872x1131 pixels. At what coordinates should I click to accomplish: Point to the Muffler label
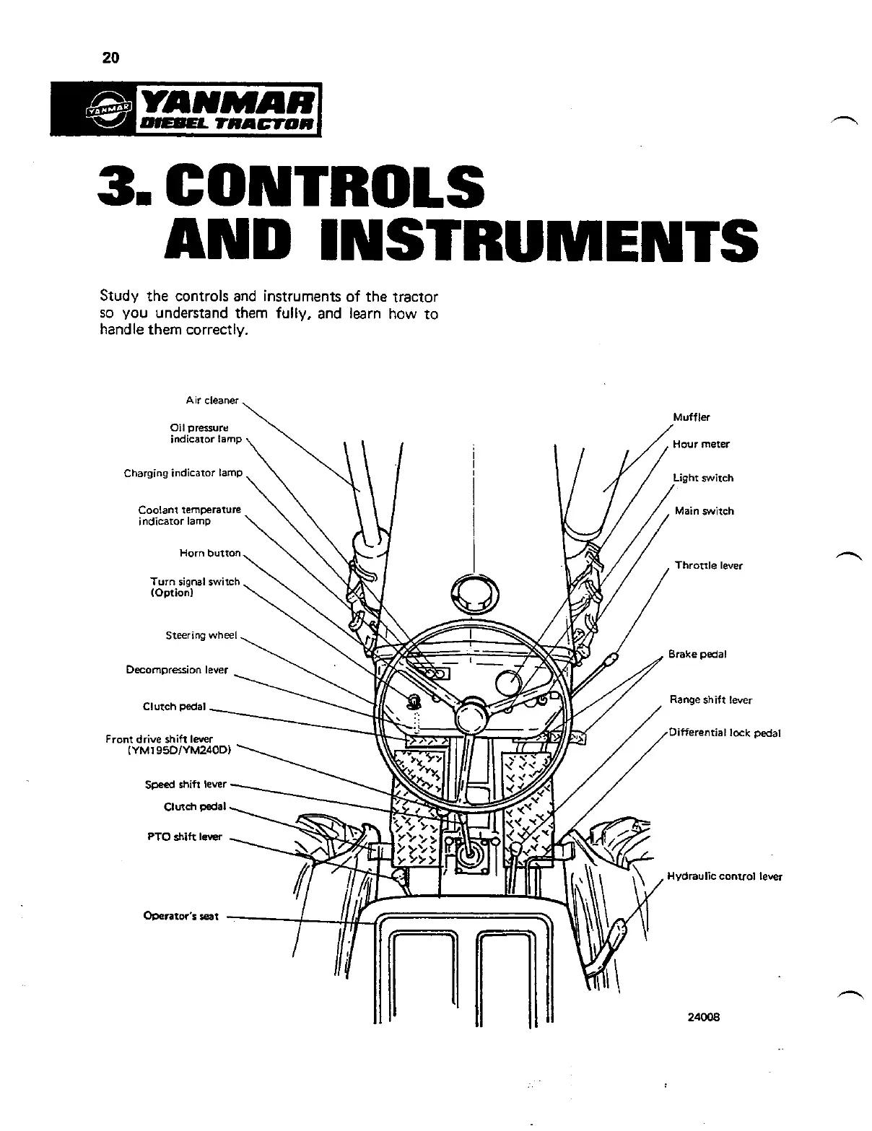click(x=692, y=417)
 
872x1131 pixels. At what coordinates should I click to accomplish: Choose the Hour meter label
click(x=700, y=445)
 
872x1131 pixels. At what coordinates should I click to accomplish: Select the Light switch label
click(x=702, y=478)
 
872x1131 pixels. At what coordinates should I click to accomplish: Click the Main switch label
click(x=704, y=511)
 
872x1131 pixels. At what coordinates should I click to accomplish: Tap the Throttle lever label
click(x=708, y=566)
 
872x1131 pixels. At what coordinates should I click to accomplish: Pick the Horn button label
click(x=209, y=553)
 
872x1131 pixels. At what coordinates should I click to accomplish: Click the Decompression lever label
click(x=177, y=670)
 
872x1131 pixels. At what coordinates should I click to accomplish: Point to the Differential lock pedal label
click(x=725, y=733)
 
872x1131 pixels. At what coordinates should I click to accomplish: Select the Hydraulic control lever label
click(x=724, y=877)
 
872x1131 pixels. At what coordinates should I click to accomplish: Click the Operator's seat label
click(x=180, y=917)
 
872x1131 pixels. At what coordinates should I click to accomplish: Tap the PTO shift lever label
click(x=184, y=837)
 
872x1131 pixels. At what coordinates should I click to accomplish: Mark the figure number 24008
click(x=704, y=1018)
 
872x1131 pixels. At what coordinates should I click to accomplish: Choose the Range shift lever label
click(x=710, y=699)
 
